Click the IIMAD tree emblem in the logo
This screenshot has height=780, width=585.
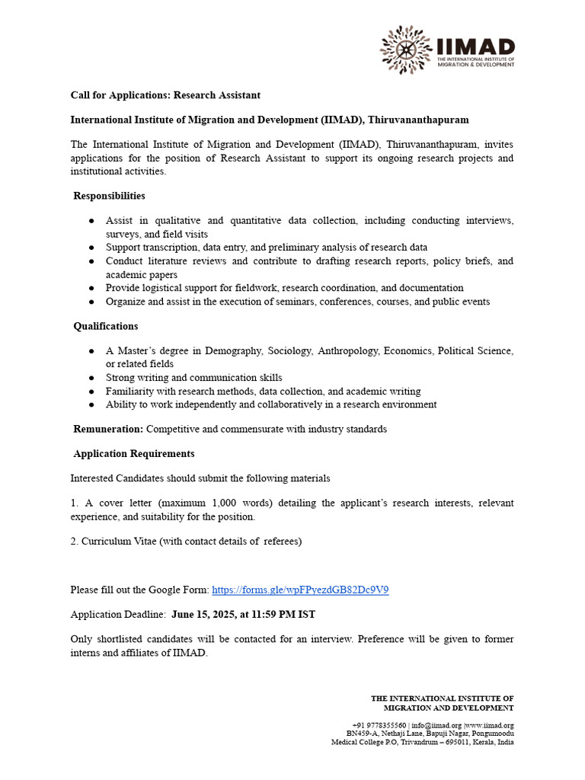point(406,50)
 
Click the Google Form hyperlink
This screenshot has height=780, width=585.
point(300,590)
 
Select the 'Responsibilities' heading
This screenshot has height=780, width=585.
point(109,196)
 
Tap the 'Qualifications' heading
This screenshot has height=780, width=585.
point(106,326)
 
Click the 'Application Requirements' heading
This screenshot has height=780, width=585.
point(134,453)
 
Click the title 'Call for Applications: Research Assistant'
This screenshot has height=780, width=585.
point(165,95)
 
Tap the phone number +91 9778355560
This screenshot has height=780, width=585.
point(379,725)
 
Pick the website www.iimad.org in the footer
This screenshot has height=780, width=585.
point(490,725)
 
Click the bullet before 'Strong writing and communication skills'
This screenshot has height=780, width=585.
point(91,378)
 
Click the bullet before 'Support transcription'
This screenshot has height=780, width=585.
point(91,248)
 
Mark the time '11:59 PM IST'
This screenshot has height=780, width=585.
point(288,614)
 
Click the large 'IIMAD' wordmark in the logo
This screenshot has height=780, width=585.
point(476,47)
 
